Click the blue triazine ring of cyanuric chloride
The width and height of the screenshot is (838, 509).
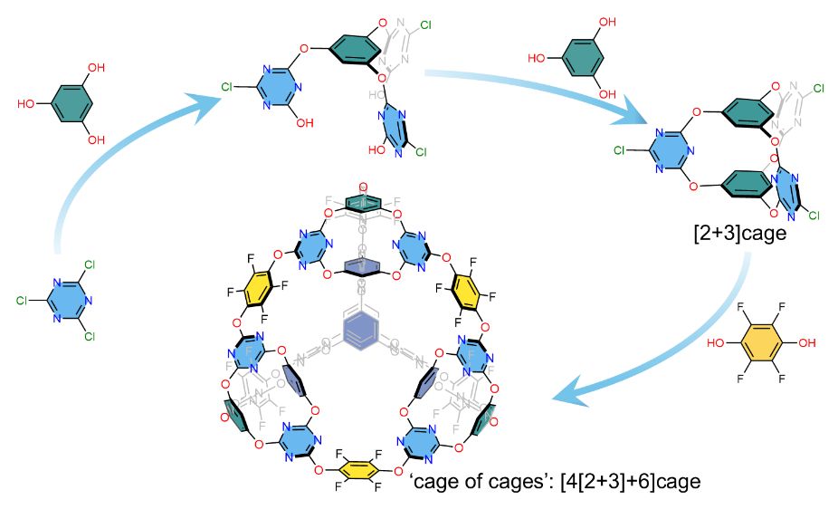coord(70,297)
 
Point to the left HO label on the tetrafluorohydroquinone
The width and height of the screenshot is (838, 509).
coord(716,343)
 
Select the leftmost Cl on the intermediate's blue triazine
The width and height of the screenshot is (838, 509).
coord(230,88)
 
